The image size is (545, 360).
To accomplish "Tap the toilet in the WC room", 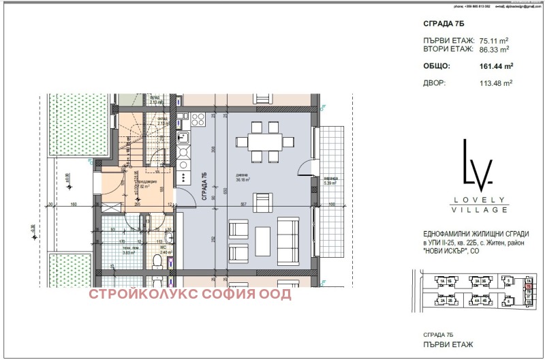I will point(157,261).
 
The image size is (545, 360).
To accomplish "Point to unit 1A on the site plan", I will point(441,281).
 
